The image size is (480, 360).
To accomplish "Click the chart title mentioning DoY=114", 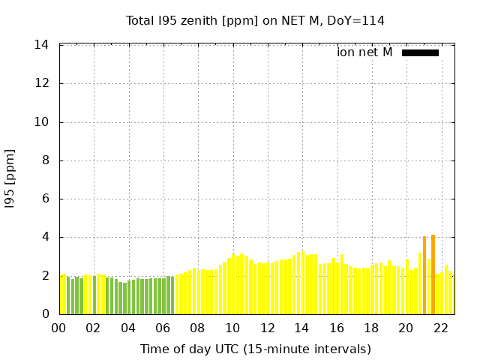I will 255,20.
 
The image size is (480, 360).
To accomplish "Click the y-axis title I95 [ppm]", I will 10,179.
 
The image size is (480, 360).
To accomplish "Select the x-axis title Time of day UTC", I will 255,349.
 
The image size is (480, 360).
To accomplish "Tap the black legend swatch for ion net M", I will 420,52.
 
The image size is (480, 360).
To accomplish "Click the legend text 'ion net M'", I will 364,52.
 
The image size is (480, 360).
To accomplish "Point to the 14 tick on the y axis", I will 42,45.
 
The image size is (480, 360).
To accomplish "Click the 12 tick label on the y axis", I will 42,83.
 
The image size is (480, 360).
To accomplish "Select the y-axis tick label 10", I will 42,122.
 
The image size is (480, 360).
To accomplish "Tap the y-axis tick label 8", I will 46,160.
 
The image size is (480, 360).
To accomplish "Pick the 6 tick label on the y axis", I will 46,199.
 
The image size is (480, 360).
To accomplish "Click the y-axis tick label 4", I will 46,237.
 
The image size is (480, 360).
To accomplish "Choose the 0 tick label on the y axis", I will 46,314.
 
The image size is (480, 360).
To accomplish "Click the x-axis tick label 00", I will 58,328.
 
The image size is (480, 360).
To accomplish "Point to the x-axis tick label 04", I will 128,328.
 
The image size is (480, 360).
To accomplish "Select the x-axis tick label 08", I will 197,328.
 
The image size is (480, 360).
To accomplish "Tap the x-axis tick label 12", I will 267,328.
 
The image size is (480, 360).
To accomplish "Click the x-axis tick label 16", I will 336,328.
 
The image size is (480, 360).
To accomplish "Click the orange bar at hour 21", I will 424,275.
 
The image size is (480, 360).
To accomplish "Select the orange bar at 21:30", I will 433,274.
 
